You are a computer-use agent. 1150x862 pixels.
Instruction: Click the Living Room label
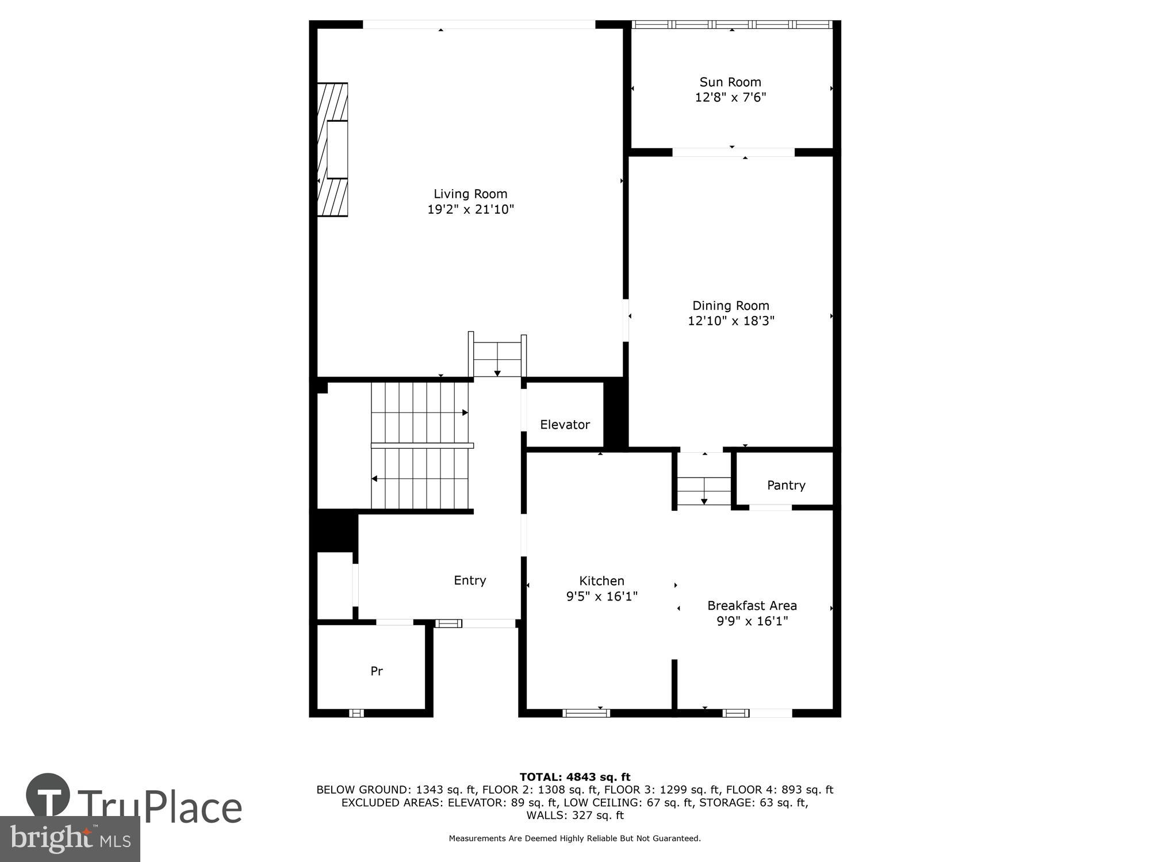point(470,194)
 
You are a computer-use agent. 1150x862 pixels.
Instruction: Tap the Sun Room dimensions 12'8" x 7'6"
point(730,97)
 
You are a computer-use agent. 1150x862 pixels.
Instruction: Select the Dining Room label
point(730,306)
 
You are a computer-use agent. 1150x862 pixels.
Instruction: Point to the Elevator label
point(565,425)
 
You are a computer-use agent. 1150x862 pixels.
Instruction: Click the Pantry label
point(785,486)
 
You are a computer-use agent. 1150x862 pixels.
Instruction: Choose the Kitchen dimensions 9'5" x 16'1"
point(601,597)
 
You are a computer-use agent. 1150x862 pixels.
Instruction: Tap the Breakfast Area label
point(752,606)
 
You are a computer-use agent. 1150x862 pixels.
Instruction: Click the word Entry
point(470,580)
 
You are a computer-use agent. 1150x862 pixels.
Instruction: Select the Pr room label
point(377,671)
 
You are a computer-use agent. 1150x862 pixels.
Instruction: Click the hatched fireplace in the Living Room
point(333,149)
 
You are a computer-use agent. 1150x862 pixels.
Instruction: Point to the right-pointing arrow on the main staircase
point(465,413)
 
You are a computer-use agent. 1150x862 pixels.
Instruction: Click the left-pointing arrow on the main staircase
point(375,478)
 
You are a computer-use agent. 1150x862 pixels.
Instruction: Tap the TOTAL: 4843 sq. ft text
point(575,777)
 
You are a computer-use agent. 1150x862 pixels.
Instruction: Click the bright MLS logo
point(70,839)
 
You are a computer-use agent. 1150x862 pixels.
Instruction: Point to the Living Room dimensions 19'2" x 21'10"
point(470,209)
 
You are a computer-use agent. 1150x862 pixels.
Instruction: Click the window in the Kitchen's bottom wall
point(586,713)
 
